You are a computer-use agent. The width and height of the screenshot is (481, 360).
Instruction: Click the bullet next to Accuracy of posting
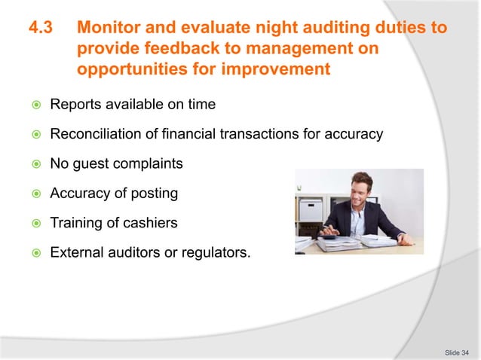[x=34, y=194]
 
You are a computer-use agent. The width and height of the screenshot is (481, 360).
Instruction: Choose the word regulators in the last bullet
[x=215, y=252]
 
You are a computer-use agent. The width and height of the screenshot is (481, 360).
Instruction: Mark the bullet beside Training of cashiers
[x=34, y=223]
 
